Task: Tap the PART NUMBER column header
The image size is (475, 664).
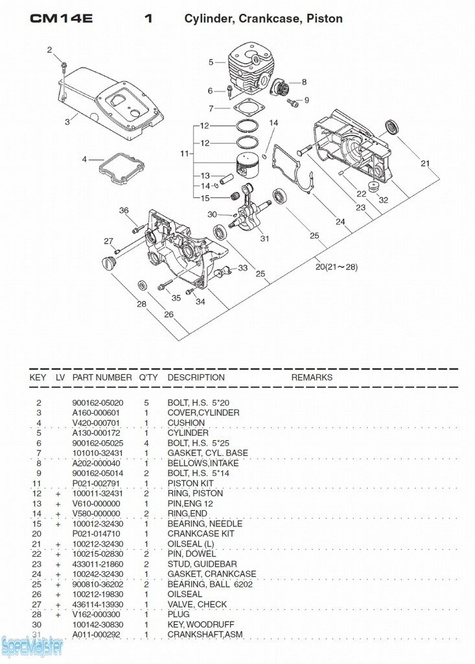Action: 102,378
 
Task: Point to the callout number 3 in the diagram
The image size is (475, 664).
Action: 66,121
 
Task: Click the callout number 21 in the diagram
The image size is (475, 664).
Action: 424,163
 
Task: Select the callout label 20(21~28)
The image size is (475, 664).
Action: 335,267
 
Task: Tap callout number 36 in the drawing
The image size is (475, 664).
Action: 124,210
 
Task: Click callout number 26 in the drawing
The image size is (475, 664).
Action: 168,314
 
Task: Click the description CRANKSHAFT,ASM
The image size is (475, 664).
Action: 205,634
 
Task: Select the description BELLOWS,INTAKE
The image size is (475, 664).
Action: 198,463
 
